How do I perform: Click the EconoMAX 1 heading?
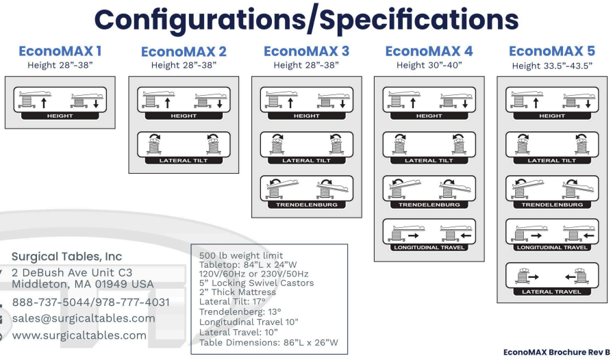(61, 51)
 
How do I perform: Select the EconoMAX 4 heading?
(429, 51)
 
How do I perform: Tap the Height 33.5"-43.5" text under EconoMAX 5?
(552, 66)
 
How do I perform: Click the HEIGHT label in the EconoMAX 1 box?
(60, 116)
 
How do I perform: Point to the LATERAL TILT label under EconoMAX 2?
(184, 160)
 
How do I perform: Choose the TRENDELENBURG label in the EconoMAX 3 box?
(306, 205)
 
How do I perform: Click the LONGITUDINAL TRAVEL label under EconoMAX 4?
(429, 247)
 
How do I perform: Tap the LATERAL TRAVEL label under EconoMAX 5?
(552, 292)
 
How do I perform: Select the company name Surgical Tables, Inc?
(67, 257)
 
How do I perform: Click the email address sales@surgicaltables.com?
(84, 318)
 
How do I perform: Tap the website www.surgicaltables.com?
(79, 335)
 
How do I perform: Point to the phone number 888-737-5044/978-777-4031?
(90, 302)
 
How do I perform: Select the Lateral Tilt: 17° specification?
(233, 300)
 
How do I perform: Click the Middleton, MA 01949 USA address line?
(83, 284)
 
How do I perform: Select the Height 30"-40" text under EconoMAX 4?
(429, 66)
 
